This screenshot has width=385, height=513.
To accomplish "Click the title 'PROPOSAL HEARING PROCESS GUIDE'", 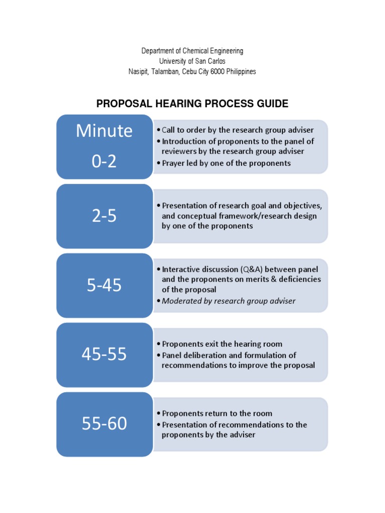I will coord(192,104).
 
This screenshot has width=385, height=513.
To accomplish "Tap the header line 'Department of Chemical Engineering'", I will coord(192,51).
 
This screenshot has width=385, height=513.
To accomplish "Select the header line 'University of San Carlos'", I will coord(192,61).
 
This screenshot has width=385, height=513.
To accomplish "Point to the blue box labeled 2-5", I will coord(104,216).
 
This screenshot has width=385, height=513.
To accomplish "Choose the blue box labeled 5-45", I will coord(104,286).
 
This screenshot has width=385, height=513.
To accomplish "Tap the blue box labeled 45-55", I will coord(104,355).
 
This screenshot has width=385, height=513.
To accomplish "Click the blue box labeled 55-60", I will coord(104,424).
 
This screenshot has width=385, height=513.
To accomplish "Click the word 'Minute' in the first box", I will coord(104,131).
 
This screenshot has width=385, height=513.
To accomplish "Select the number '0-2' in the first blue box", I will coord(104,161).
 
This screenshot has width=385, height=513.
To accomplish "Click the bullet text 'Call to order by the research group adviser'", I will coord(238,130).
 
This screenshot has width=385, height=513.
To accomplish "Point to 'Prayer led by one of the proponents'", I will coord(226,163).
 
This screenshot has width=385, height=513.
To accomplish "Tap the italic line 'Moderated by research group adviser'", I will coord(228,301).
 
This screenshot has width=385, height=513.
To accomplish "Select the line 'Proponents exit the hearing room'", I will coord(222,344).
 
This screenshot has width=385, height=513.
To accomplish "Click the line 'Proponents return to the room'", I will coord(217,413).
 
